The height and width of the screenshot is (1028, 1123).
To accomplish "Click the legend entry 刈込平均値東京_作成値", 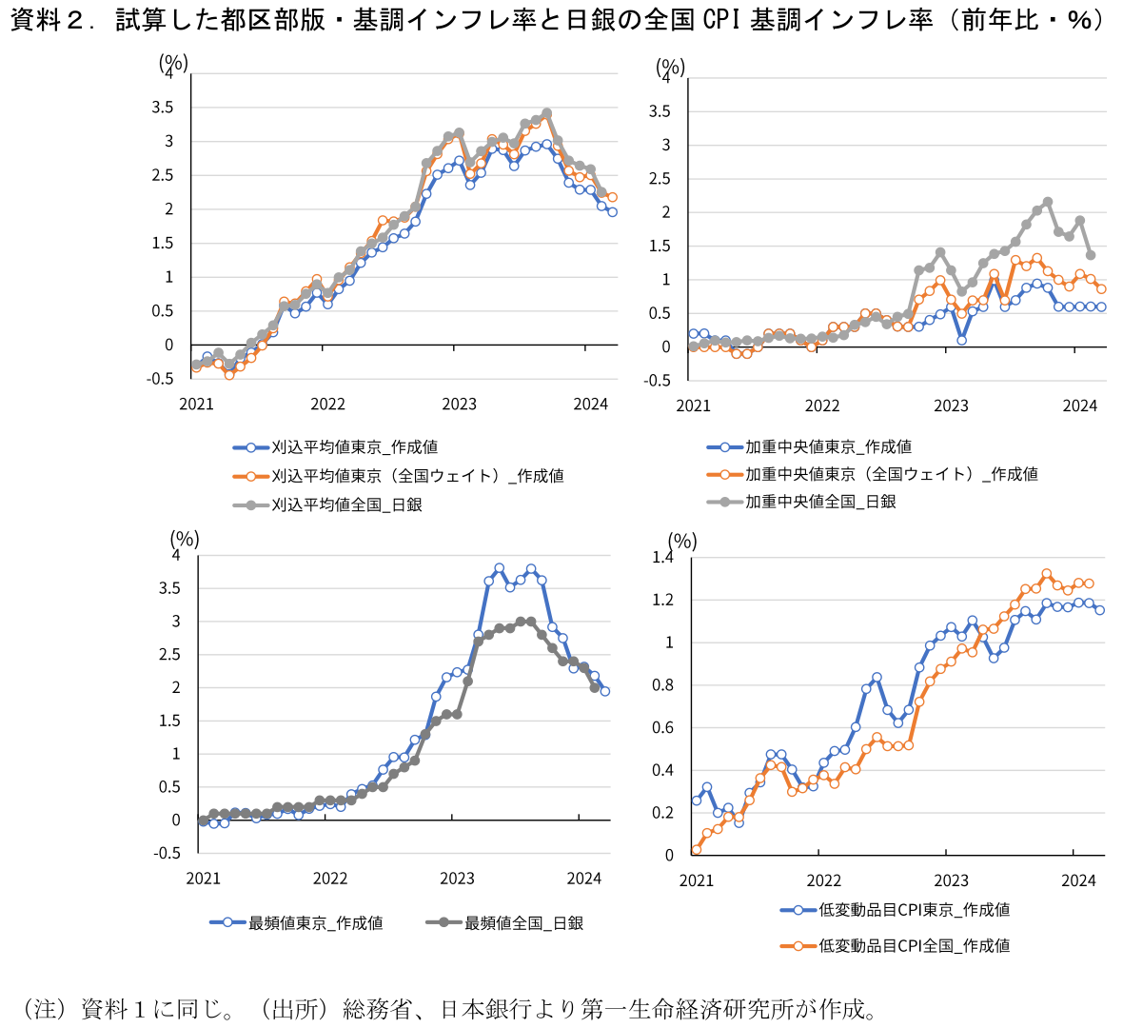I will [354, 447].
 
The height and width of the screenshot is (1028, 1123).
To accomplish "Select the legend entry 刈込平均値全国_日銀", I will [346, 504].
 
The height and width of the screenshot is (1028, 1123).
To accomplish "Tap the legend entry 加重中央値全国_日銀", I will [819, 502].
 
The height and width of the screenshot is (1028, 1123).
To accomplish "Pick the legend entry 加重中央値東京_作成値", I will [827, 446].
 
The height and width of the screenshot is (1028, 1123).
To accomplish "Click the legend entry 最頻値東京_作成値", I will [315, 922].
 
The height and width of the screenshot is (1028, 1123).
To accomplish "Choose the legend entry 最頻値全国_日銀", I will [523, 922].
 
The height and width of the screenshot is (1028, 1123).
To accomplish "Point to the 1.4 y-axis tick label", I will [662, 558].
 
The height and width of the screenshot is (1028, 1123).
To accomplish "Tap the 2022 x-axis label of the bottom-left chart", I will [330, 879].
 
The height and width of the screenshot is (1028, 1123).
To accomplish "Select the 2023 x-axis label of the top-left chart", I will [459, 405].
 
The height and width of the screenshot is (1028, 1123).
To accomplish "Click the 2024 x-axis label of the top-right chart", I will [1079, 405].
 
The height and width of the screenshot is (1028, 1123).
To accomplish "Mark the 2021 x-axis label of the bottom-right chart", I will [696, 880].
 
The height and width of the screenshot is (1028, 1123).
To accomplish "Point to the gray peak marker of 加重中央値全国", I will [1048, 202].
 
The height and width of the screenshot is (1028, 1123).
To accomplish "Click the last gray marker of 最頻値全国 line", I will [595, 687].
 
